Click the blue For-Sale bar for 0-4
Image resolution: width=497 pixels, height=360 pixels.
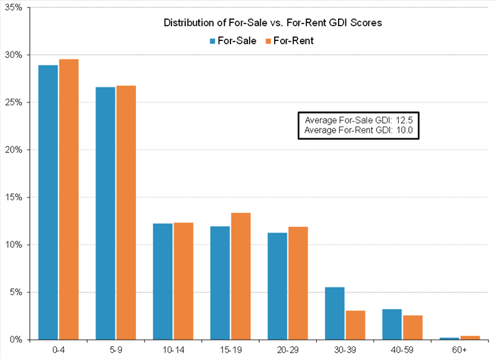[x=48, y=202]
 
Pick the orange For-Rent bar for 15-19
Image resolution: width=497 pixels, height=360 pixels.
[x=240, y=276]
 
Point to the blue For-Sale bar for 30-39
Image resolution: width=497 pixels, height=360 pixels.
[x=334, y=313]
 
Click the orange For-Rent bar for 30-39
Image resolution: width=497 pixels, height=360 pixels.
[x=355, y=325]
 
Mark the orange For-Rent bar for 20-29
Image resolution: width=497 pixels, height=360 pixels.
[x=298, y=283]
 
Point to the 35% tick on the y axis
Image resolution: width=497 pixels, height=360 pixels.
[x=14, y=7]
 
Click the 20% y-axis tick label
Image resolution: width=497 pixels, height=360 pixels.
[x=14, y=150]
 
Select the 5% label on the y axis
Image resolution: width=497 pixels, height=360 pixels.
[x=16, y=292]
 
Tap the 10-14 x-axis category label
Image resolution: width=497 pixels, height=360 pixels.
[x=173, y=351]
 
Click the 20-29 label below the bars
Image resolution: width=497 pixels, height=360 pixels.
[x=288, y=351]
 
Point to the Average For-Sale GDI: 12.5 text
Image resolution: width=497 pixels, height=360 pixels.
[x=359, y=119]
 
